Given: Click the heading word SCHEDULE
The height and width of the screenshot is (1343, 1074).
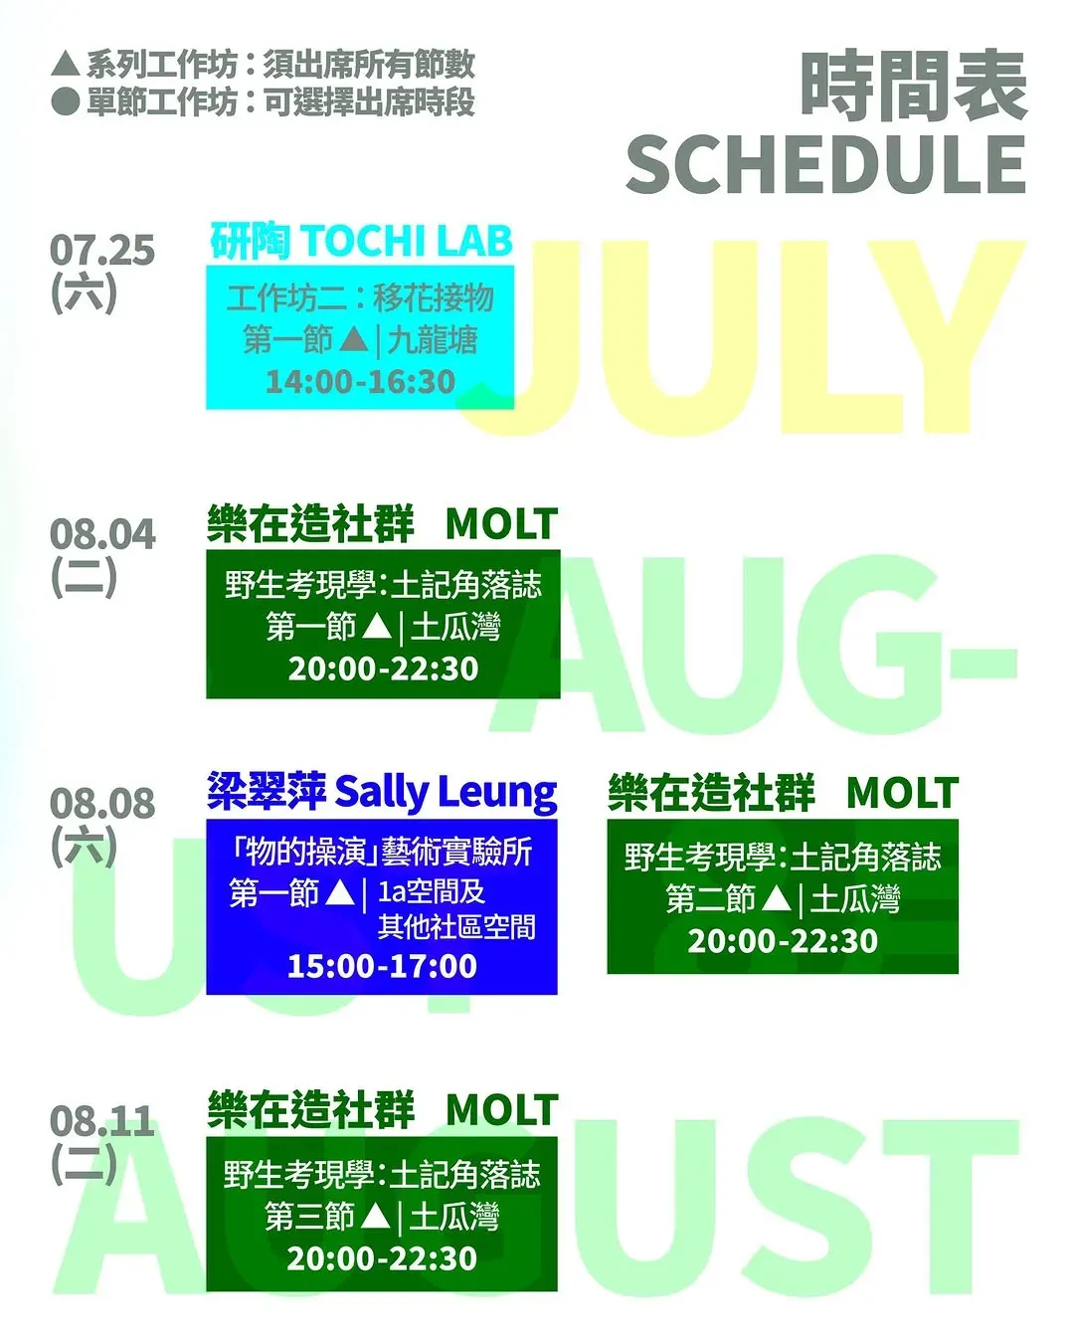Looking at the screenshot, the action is (825, 165).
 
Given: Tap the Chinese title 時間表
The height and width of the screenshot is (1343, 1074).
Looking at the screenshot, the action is (914, 86).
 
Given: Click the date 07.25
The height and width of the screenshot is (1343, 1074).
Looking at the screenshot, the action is (102, 251).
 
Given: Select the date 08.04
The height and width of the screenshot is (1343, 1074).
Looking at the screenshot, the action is (102, 535).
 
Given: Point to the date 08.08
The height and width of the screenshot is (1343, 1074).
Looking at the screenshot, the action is (102, 803).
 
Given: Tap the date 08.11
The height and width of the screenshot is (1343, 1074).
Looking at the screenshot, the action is (102, 1121).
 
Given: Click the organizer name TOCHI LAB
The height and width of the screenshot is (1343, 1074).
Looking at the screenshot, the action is (407, 241).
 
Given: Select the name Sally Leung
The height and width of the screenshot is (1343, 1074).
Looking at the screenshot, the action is (446, 794).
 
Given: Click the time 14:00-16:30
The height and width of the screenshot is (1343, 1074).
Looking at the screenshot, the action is (360, 381).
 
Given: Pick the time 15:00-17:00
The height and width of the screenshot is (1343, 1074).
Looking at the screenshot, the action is (382, 966).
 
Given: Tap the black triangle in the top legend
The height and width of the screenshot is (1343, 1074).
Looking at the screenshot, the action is (66, 65).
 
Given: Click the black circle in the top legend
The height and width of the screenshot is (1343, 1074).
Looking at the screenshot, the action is (66, 101).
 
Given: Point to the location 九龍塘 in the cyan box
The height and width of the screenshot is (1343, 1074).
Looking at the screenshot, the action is (433, 341).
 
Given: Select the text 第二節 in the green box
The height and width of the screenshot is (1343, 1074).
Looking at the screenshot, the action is (711, 899).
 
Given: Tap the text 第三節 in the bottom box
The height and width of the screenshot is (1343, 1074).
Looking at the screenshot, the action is (309, 1217).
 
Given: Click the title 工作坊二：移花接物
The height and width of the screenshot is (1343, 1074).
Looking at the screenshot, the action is (360, 297).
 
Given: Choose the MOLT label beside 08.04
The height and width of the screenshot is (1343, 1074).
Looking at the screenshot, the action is (502, 524).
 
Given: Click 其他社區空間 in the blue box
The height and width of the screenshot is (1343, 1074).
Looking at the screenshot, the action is (456, 928).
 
